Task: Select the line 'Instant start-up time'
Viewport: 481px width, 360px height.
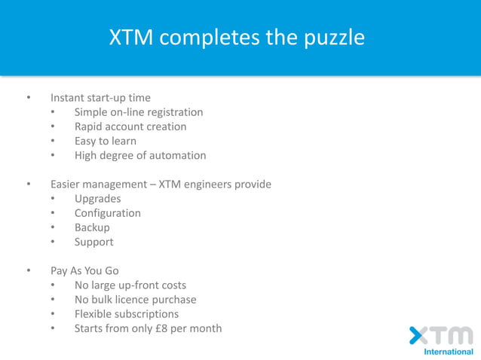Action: [100, 98]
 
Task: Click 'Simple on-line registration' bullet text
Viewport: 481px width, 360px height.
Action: [139, 112]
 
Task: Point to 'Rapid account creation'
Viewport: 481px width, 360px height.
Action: [130, 127]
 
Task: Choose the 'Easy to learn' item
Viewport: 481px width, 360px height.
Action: [105, 141]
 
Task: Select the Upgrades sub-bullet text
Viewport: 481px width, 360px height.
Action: [97, 199]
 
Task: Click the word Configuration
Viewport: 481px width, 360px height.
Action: [107, 213]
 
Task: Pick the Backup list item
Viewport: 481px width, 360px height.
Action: [92, 227]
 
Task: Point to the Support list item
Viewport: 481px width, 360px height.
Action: [93, 242]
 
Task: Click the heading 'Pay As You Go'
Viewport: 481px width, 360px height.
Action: [84, 271]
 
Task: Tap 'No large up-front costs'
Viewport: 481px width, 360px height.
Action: [130, 285]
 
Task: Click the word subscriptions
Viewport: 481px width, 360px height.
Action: [146, 314]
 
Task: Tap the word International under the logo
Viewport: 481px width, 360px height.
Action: [449, 352]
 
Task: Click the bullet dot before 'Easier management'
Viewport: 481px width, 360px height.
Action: [29, 185]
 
